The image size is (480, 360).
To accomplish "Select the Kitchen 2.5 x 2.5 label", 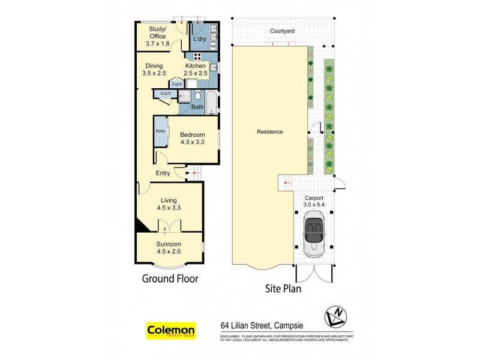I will (x=196, y=69).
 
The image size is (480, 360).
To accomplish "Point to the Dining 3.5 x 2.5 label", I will (x=154, y=69).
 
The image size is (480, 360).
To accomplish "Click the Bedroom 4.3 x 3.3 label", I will (x=193, y=139).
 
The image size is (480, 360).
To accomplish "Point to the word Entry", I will (x=163, y=173).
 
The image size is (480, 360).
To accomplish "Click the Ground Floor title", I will (x=170, y=278).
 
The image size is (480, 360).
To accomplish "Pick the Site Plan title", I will (x=283, y=288).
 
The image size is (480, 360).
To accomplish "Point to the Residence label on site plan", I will (x=269, y=132).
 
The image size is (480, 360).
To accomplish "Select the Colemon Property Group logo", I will (x=171, y=331).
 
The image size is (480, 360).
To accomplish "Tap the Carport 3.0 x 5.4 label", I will (x=314, y=201).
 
